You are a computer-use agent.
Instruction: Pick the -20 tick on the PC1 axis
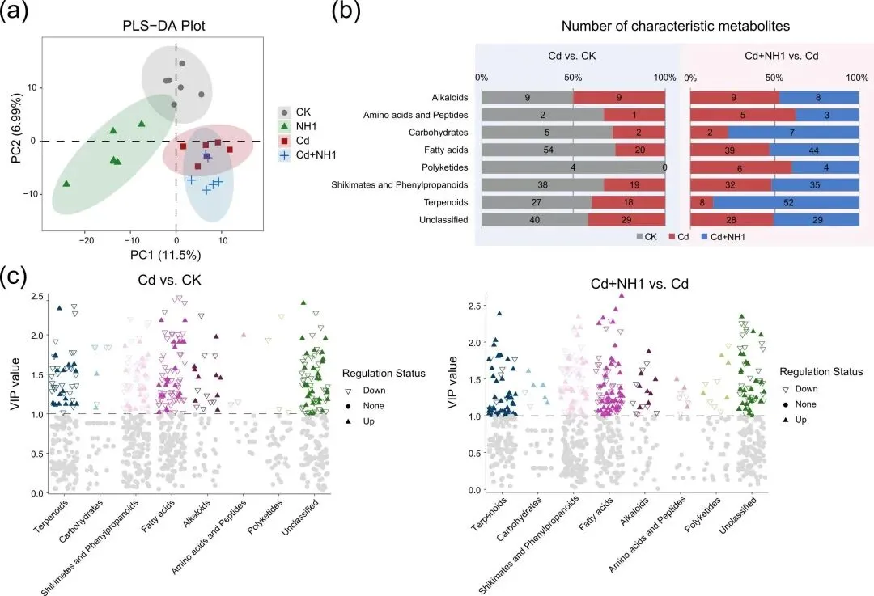[87, 239]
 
